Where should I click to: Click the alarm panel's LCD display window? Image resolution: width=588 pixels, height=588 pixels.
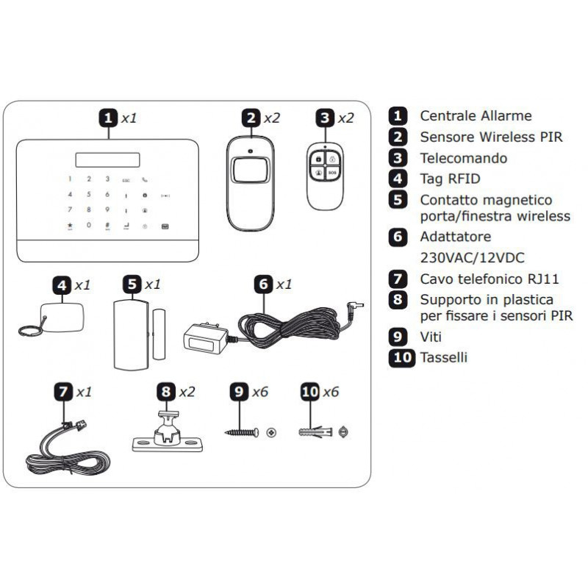(108, 157)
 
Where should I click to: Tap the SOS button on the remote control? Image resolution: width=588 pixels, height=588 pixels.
(331, 173)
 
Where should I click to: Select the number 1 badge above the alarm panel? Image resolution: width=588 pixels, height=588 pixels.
(108, 118)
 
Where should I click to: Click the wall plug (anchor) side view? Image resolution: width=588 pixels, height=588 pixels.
(317, 432)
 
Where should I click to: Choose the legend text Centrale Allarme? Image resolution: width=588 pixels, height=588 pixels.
(476, 115)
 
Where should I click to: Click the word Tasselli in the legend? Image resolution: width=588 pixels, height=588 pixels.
(443, 358)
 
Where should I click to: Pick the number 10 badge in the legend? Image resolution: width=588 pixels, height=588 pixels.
(401, 358)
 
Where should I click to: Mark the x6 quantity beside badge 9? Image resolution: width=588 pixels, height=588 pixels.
(260, 392)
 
